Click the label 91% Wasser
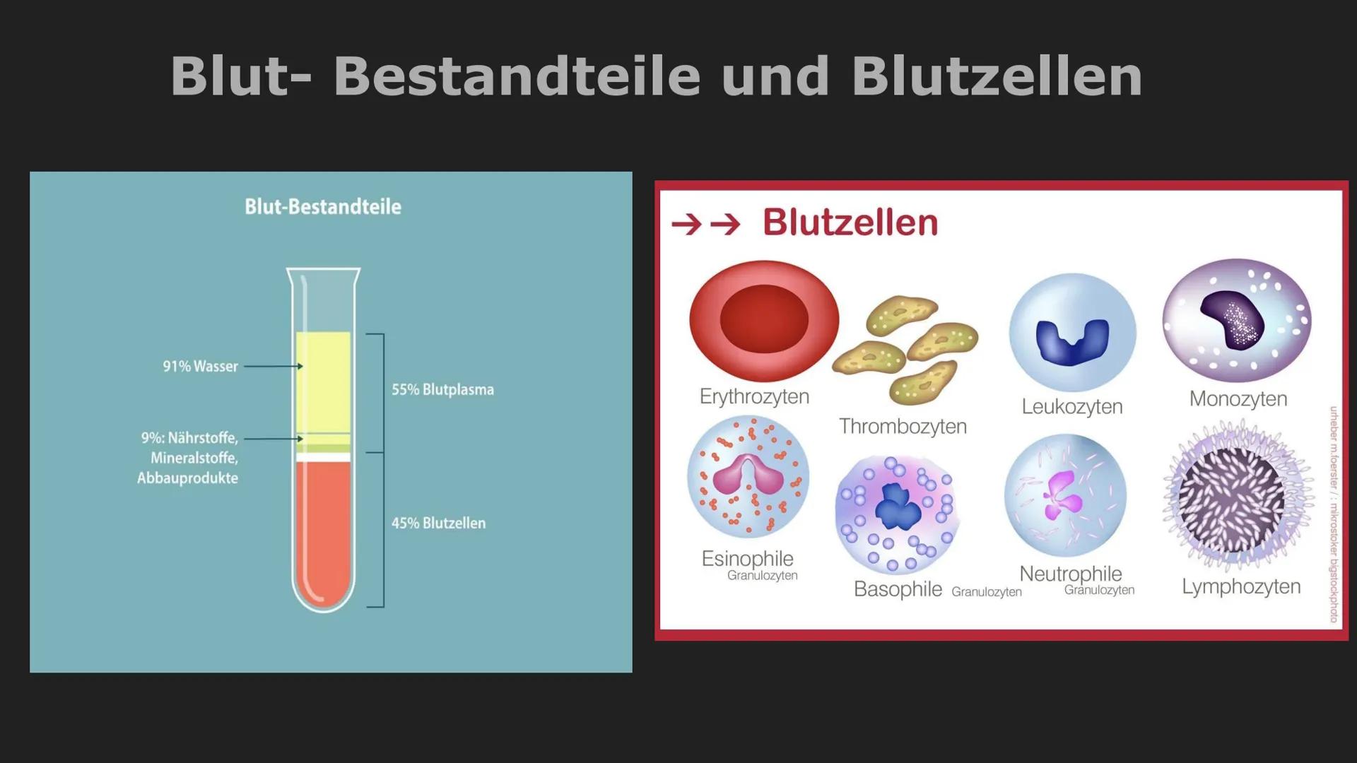pos(200,366)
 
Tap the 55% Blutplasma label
pos(442,389)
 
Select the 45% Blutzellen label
pos(438,523)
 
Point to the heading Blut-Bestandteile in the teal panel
pos(323,207)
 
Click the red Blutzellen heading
pos(850,223)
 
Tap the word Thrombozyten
pos(903,426)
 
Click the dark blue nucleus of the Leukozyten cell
pos(1071,341)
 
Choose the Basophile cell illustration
pos(896,513)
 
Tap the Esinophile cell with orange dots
pos(748,477)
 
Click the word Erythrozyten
pos(754,396)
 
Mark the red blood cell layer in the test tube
pos(324,530)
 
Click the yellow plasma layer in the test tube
pos(324,381)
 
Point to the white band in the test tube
pos(324,457)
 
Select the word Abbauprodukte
pos(187,478)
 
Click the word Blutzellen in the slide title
pos(997,76)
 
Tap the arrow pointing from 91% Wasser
pos(273,366)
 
